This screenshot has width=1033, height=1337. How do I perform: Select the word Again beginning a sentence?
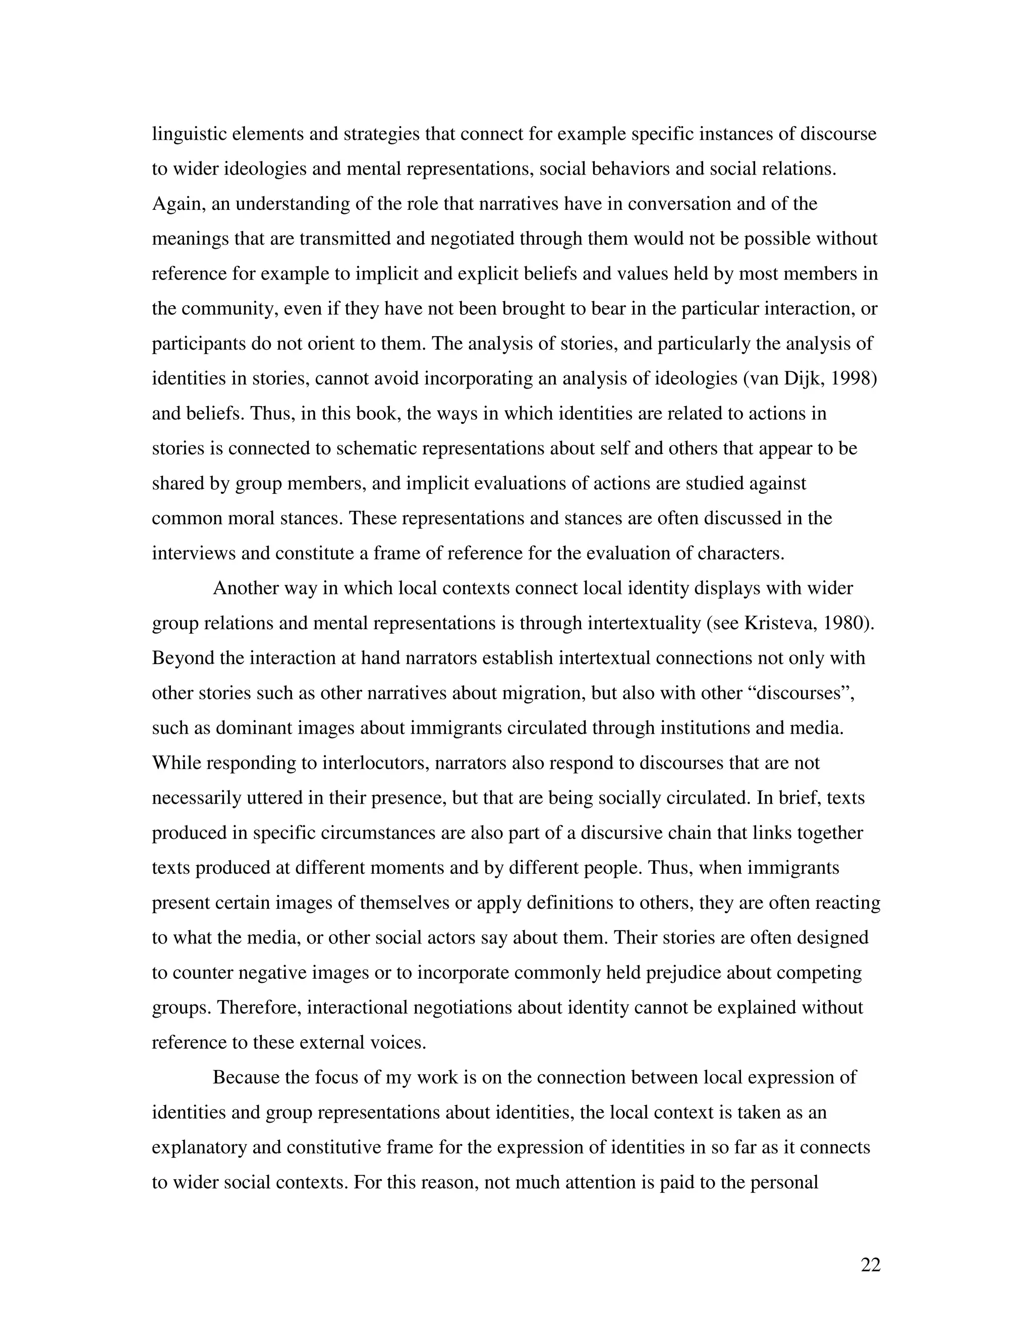click(x=179, y=204)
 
